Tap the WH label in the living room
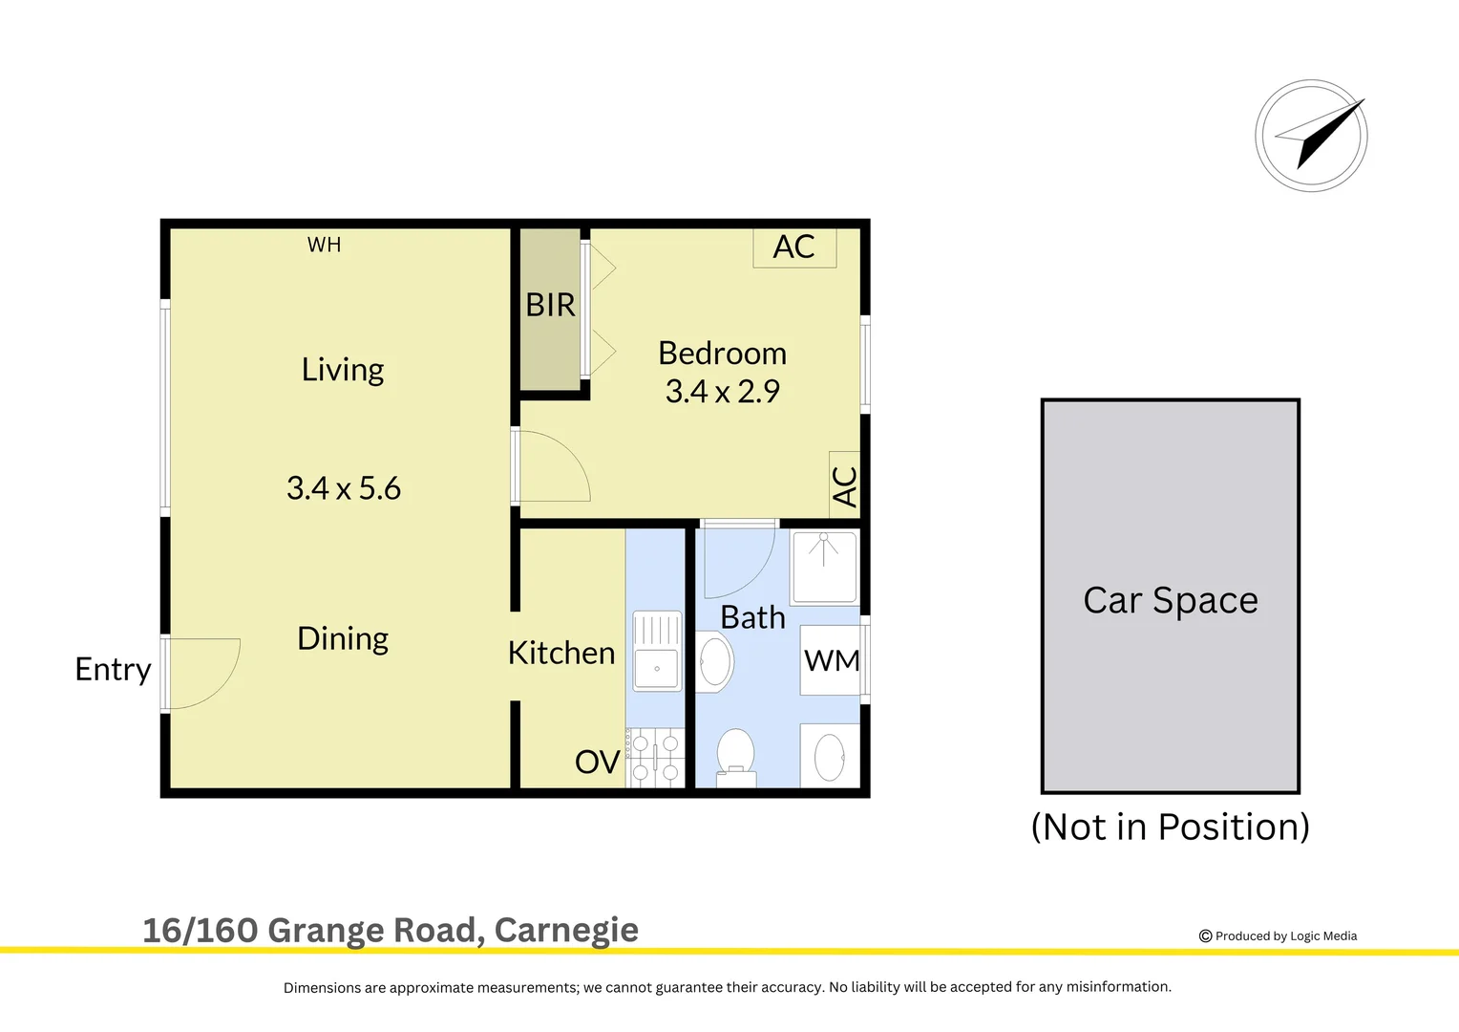coord(324,245)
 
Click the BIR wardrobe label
coord(550,305)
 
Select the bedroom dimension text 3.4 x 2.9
coord(723,392)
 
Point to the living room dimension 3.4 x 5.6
coord(344,488)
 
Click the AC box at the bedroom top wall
coord(794,247)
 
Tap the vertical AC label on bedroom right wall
coord(845,485)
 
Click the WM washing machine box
coord(831,660)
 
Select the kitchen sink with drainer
coord(657,652)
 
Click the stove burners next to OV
coord(657,757)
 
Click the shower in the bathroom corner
coord(825,567)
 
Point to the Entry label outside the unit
coord(113,669)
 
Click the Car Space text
coord(1171,600)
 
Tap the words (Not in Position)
coord(1171,827)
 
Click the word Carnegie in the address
coord(566,930)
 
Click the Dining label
coord(343,638)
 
